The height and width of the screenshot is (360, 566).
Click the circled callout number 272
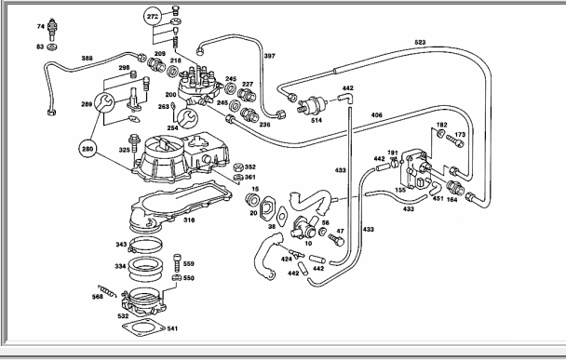pyautogui.click(x=153, y=16)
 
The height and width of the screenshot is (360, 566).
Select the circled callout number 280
pyautogui.click(x=88, y=149)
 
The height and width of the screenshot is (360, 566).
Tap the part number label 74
pyautogui.click(x=40, y=26)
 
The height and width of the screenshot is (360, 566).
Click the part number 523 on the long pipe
pyautogui.click(x=420, y=42)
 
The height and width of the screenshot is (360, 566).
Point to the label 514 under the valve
pyautogui.click(x=317, y=121)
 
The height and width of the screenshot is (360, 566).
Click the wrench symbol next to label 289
pyautogui.click(x=104, y=103)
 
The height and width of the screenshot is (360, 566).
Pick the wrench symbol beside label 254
pyautogui.click(x=188, y=118)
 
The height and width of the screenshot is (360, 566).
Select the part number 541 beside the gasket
pyautogui.click(x=172, y=328)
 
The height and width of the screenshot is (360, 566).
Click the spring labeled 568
pyautogui.click(x=107, y=290)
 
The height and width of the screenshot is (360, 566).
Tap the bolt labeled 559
pyautogui.click(x=177, y=262)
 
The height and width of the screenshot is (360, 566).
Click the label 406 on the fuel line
pyautogui.click(x=376, y=115)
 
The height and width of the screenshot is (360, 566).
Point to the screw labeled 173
pyautogui.click(x=455, y=141)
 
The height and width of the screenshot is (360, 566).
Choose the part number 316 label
pyautogui.click(x=189, y=220)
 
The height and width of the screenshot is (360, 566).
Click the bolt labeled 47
pyautogui.click(x=336, y=240)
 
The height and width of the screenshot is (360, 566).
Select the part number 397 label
pyautogui.click(x=269, y=56)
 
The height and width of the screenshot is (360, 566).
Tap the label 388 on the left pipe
pyautogui.click(x=87, y=58)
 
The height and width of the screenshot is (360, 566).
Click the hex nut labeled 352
pyautogui.click(x=238, y=167)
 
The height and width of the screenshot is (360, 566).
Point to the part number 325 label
pyautogui.click(x=124, y=150)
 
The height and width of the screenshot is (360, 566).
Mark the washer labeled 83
pyautogui.click(x=52, y=47)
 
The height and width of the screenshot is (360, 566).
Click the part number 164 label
pyautogui.click(x=451, y=199)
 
